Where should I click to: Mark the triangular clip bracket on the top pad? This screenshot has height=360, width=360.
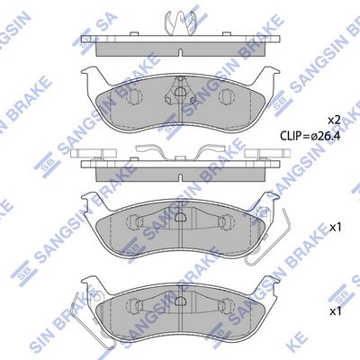pos(180,90)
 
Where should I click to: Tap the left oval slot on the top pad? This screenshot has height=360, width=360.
pos(134,96)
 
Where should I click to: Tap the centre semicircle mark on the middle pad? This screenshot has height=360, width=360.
pos(180,217)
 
